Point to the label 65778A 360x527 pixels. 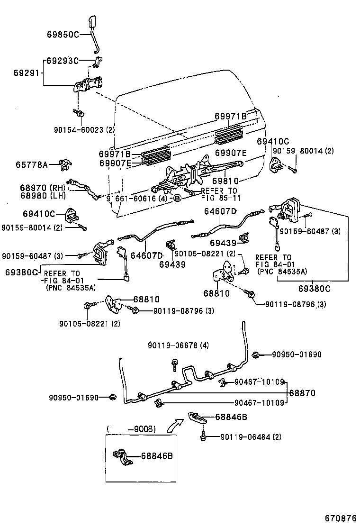point(32,165)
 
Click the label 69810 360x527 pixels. point(225,181)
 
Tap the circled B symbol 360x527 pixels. point(177,199)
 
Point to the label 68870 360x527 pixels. point(302,393)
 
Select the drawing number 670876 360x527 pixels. point(340,517)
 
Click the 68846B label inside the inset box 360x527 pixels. point(156,456)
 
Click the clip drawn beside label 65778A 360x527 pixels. point(64,165)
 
